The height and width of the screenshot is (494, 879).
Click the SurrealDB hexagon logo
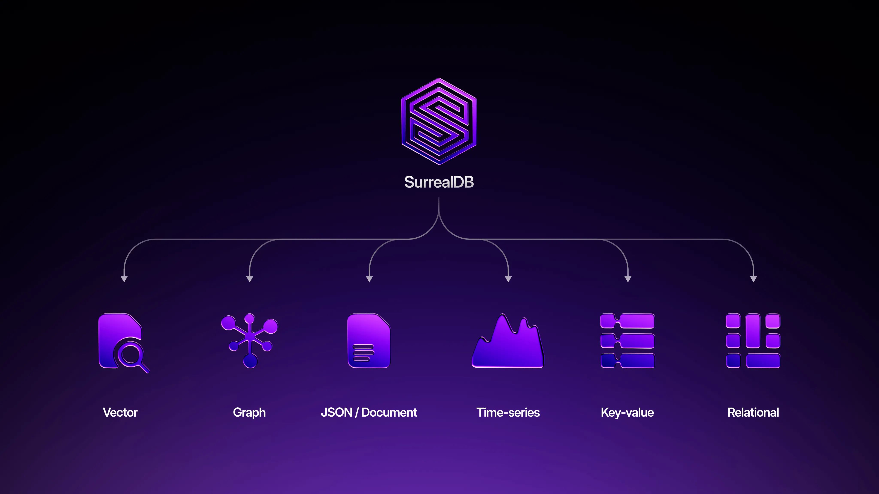439,121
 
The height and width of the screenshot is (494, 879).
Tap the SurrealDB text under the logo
439,182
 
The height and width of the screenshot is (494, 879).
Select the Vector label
120,413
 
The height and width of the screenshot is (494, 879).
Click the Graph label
249,413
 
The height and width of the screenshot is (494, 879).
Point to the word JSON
336,413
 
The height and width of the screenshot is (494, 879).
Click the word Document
389,413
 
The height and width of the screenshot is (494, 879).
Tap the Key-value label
627,413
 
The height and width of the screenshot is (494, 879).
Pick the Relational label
753,413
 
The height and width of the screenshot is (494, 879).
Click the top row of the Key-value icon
627,321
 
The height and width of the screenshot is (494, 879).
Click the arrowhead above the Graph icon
249,279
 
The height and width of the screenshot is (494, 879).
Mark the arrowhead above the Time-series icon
508,279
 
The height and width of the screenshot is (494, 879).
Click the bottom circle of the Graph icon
250,361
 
